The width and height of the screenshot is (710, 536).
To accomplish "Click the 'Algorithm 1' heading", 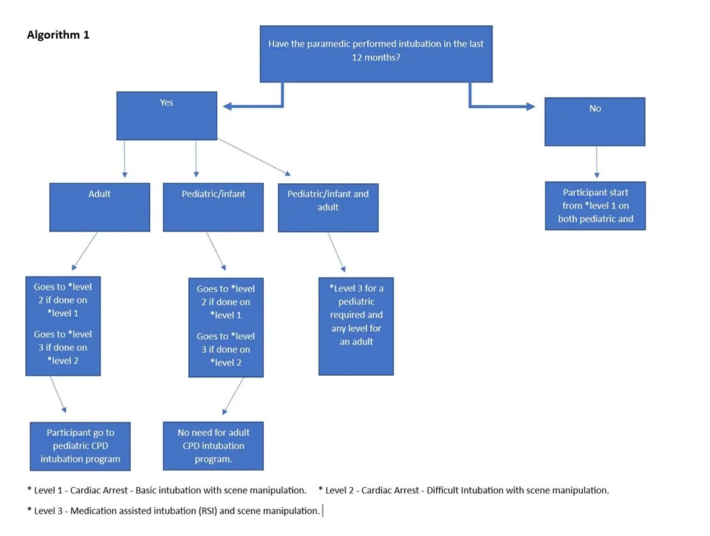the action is pyautogui.click(x=58, y=35).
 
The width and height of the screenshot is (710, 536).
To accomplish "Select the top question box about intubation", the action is pyautogui.click(x=376, y=54).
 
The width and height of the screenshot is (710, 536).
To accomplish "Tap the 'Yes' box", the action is pyautogui.click(x=167, y=116).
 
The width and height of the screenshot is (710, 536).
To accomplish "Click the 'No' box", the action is pyautogui.click(x=595, y=121).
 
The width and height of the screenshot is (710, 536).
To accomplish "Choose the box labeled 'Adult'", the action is pyautogui.click(x=100, y=208).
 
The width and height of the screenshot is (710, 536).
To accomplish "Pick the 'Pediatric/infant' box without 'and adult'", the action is pyautogui.click(x=213, y=208).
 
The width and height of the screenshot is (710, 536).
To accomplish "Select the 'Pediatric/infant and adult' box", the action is pyautogui.click(x=328, y=208).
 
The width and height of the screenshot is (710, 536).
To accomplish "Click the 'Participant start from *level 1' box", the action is pyautogui.click(x=596, y=206).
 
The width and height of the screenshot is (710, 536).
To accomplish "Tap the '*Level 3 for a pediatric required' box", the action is pyautogui.click(x=356, y=326).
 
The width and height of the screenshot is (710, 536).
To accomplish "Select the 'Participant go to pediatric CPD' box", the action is pyautogui.click(x=80, y=446).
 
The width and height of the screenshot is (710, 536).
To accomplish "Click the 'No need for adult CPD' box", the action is pyautogui.click(x=213, y=446).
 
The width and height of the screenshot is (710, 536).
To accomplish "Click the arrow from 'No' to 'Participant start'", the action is pyautogui.click(x=596, y=162).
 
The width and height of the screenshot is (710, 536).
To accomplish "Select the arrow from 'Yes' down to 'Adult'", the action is pyautogui.click(x=124, y=159).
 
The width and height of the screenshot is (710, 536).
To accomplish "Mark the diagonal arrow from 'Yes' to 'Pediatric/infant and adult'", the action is pyautogui.click(x=254, y=157).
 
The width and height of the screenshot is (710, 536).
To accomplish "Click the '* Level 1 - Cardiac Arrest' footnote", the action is pyautogui.click(x=167, y=490).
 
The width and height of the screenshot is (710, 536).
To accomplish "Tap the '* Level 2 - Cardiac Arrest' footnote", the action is pyautogui.click(x=464, y=490).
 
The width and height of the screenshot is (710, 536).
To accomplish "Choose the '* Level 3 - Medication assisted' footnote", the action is pyautogui.click(x=173, y=511).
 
